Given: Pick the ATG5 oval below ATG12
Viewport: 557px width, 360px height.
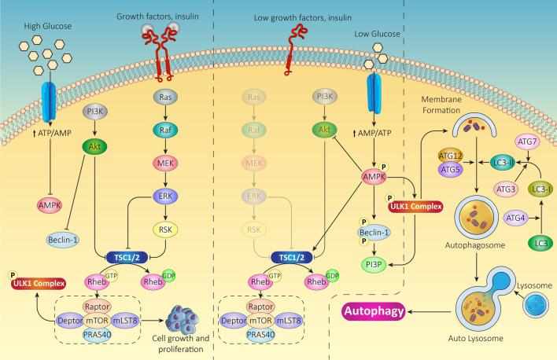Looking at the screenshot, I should pyautogui.click(x=449, y=168).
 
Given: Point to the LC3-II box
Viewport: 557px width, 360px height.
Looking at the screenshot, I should pyautogui.click(x=496, y=162).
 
